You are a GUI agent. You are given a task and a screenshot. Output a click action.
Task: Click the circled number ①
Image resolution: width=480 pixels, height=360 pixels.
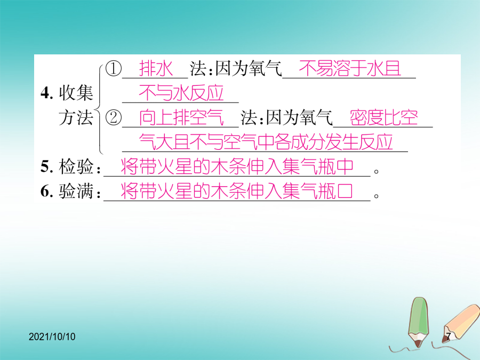(x=113, y=68)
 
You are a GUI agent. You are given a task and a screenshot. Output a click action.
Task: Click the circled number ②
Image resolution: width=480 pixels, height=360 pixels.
(x=113, y=117)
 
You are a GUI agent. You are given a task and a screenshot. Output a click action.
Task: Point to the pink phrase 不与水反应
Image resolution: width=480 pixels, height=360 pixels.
(x=181, y=92)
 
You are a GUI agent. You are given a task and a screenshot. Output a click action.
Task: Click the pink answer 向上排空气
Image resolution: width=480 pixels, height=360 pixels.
(x=181, y=117)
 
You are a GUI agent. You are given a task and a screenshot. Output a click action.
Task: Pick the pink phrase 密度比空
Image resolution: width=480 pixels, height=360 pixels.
(x=384, y=117)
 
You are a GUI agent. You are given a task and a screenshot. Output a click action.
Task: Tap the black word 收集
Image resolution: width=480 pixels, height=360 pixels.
(x=76, y=92)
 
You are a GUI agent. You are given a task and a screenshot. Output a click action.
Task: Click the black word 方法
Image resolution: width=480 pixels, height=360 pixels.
(x=76, y=117)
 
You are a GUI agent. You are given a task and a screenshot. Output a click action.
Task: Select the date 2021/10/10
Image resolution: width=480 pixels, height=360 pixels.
(x=52, y=337)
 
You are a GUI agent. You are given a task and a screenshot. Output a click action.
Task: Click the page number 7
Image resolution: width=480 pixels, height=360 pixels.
(x=449, y=337)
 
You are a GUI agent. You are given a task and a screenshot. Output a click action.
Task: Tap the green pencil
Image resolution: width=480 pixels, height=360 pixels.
(x=418, y=322)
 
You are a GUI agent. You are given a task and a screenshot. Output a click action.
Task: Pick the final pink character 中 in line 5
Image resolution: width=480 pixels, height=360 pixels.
(x=345, y=166)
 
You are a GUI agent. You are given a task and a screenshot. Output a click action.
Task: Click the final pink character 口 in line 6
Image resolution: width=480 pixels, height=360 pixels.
(x=345, y=191)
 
